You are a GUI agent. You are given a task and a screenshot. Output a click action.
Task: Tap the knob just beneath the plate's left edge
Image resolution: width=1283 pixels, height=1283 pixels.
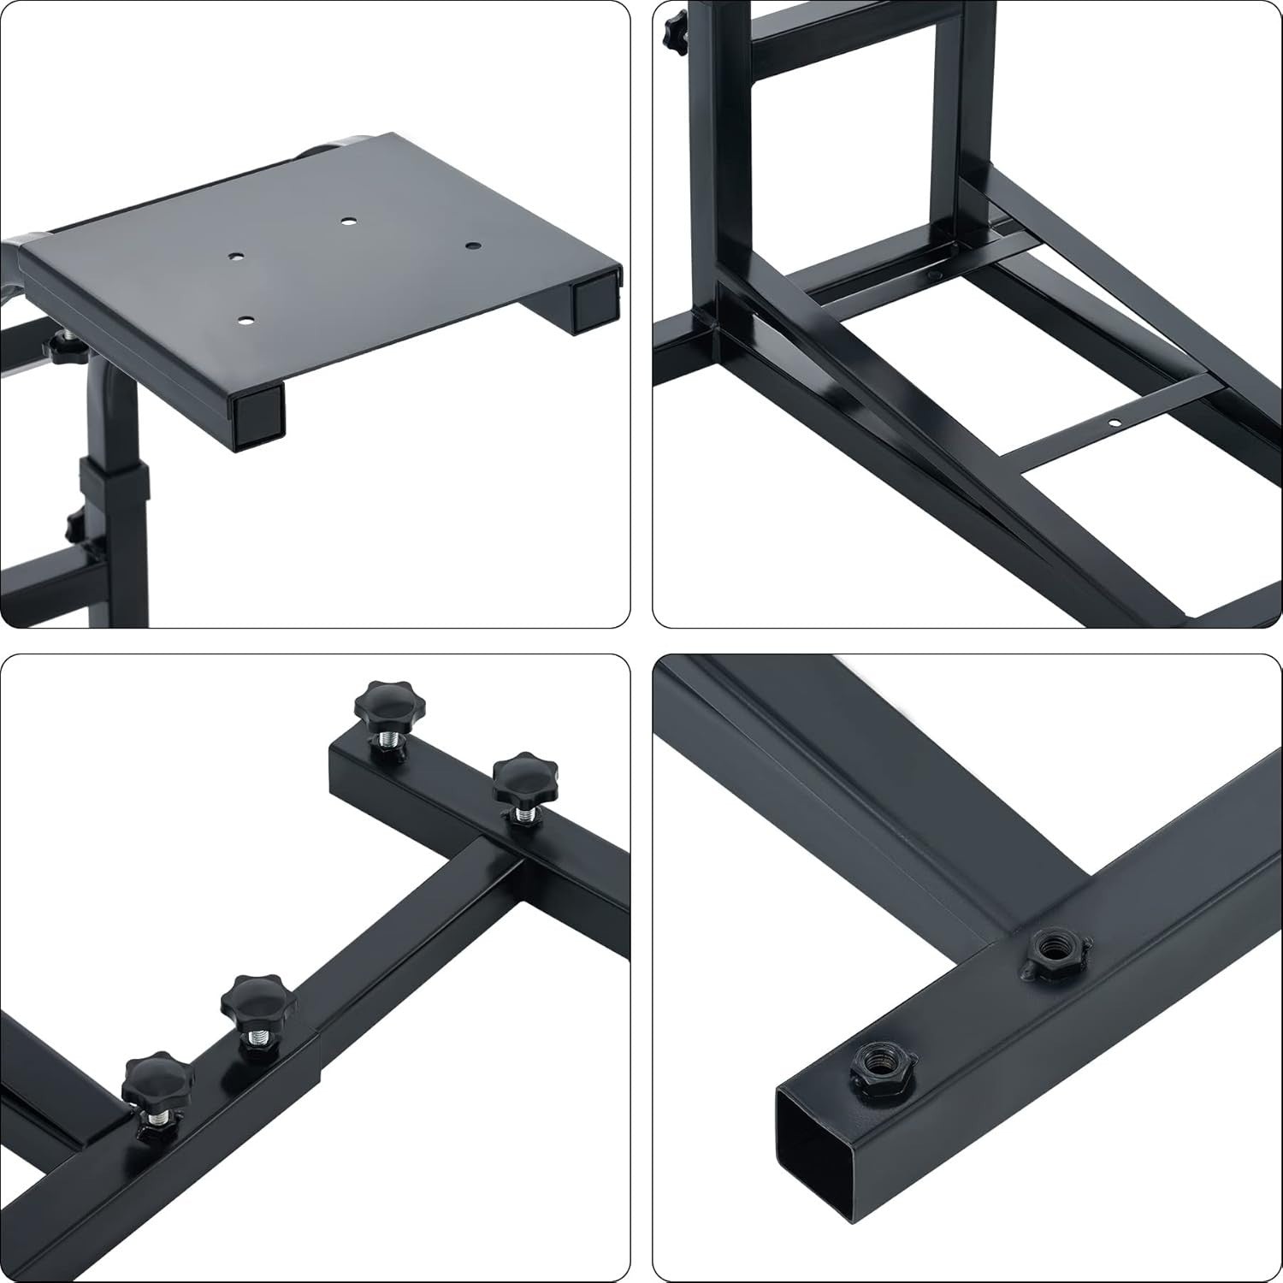tap(62, 348)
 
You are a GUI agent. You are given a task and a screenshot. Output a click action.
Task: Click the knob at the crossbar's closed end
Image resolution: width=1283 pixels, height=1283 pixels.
tap(378, 703)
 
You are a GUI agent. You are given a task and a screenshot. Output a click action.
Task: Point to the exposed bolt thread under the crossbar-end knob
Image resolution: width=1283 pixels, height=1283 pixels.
tap(387, 744)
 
